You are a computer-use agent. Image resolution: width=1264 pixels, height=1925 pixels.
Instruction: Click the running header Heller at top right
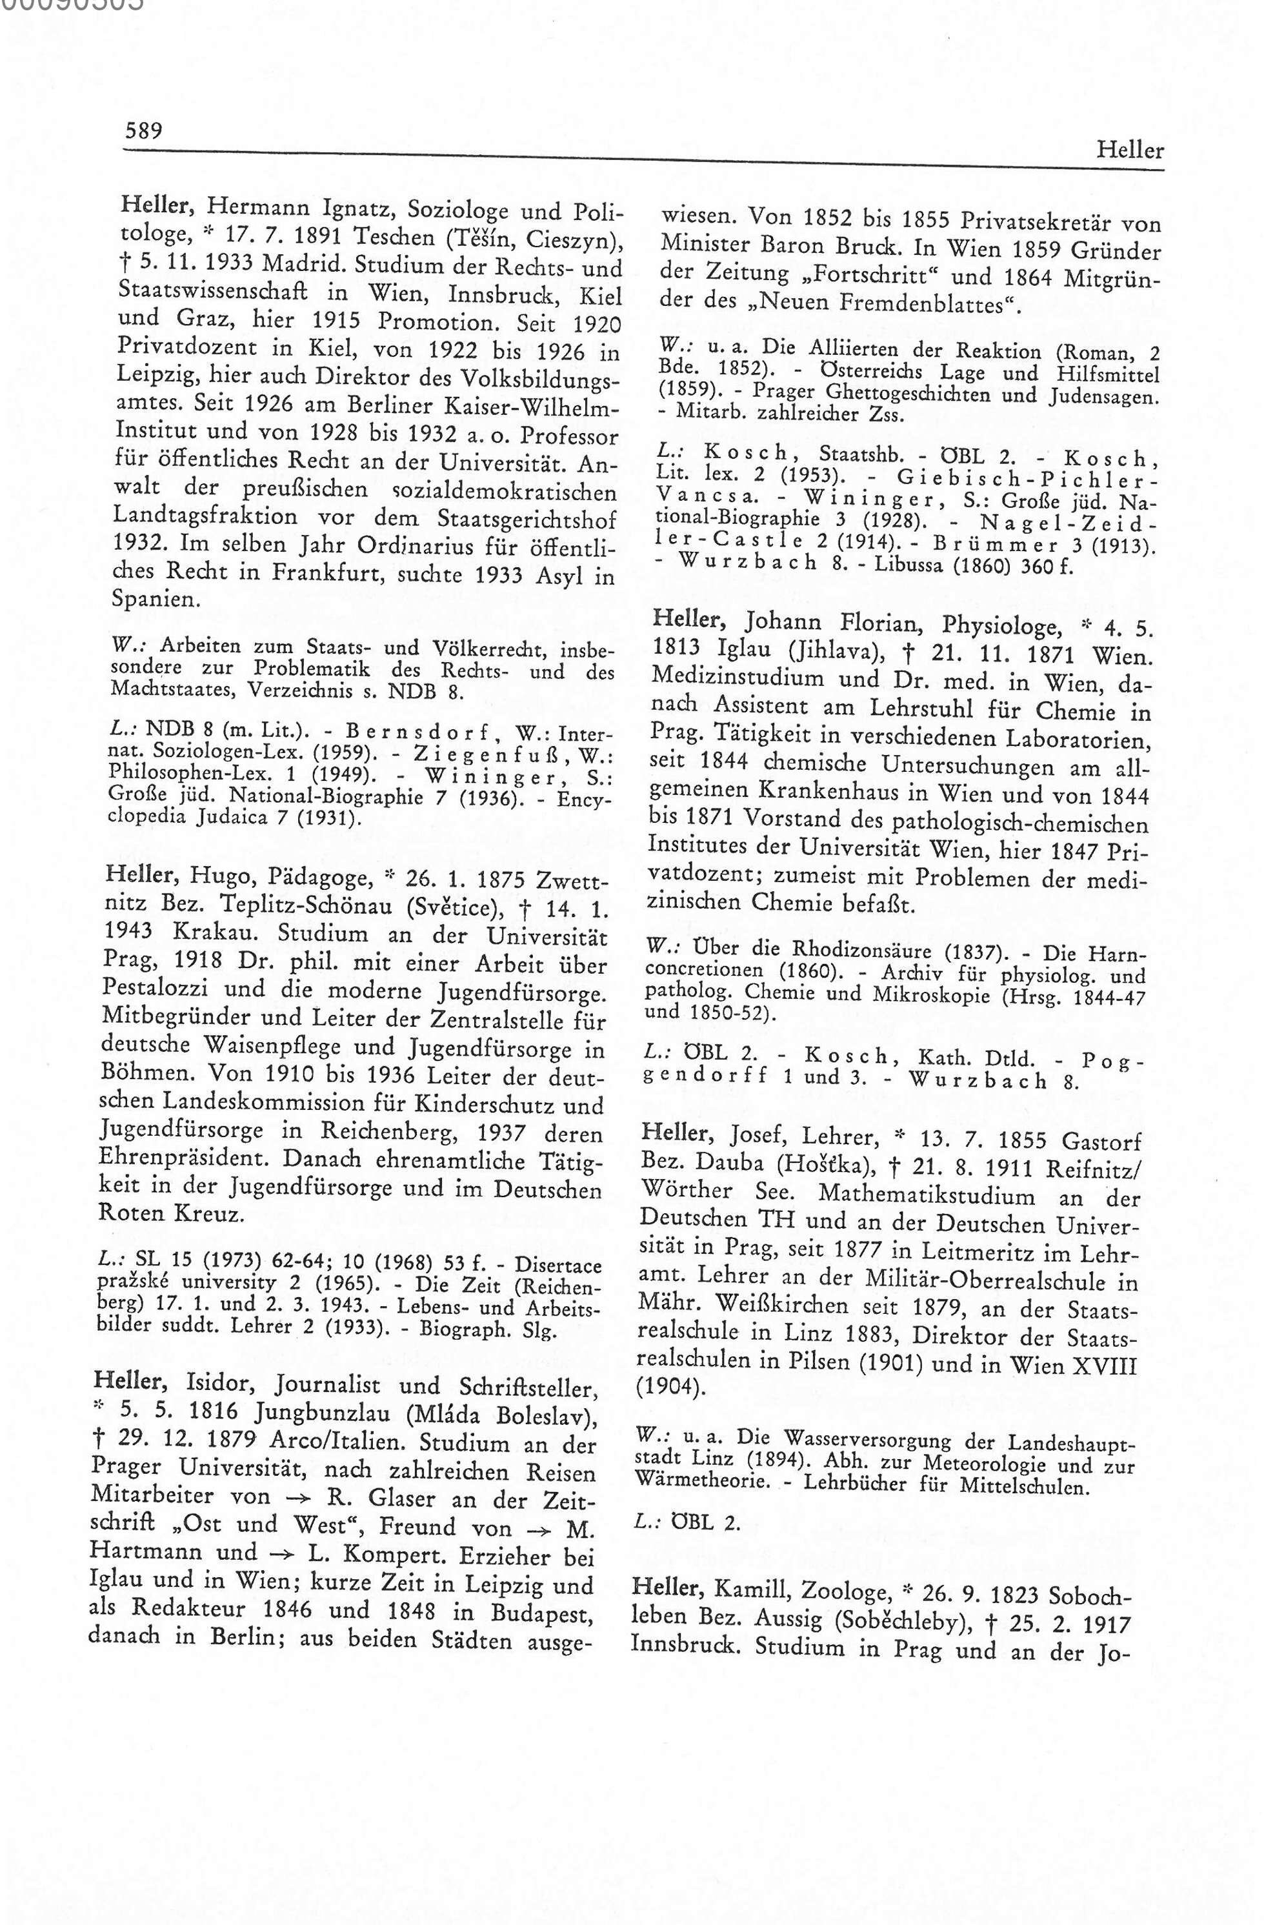pos(1130,150)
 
